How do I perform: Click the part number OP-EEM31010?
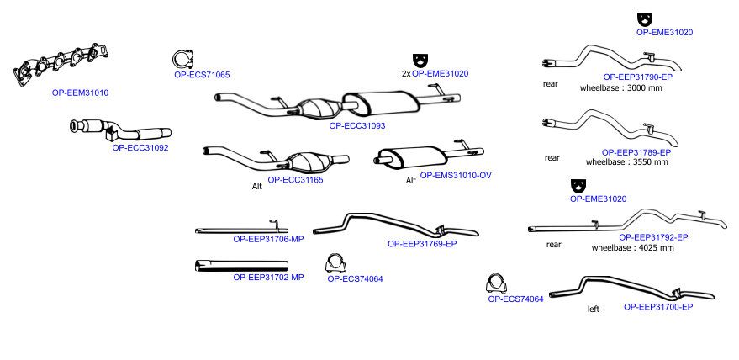pyautogui.click(x=80, y=93)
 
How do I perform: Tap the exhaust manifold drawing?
pyautogui.click(x=61, y=65)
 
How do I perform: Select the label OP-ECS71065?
pyautogui.click(x=202, y=75)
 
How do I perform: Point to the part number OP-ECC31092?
pyautogui.click(x=140, y=148)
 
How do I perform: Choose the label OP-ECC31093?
pyautogui.click(x=357, y=126)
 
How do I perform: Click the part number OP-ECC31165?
pyautogui.click(x=295, y=180)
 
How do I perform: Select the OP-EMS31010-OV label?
pyautogui.click(x=456, y=175)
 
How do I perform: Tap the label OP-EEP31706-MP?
pyautogui.click(x=269, y=239)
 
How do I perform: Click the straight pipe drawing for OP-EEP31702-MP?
pyautogui.click(x=241, y=266)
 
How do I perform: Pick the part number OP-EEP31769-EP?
pyautogui.click(x=422, y=244)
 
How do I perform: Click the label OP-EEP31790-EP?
pyautogui.click(x=637, y=77)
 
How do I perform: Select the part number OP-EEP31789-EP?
pyautogui.click(x=636, y=152)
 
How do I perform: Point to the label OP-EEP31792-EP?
pyautogui.click(x=653, y=237)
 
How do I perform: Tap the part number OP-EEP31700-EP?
pyautogui.click(x=658, y=307)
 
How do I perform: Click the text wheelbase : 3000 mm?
pyautogui.click(x=621, y=87)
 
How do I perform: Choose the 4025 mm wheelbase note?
pyautogui.click(x=632, y=247)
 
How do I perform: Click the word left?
pyautogui.click(x=594, y=309)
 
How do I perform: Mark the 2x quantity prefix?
pyautogui.click(x=406, y=74)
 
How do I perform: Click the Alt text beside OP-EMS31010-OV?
pyautogui.click(x=411, y=181)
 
